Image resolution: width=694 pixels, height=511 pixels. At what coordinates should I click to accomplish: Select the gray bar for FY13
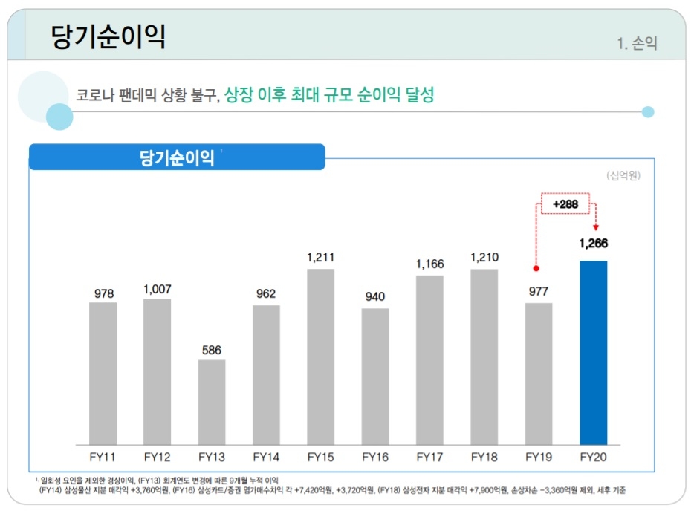click(212, 401)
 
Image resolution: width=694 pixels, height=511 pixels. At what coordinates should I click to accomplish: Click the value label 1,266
click(594, 244)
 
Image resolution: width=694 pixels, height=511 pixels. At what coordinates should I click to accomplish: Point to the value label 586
click(212, 349)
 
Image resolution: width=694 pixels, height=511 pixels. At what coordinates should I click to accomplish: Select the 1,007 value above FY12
click(158, 288)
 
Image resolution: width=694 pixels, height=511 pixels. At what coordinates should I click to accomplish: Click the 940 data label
click(375, 297)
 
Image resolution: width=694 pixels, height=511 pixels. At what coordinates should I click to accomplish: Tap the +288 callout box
click(565, 203)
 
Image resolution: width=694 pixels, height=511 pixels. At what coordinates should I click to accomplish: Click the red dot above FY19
click(536, 268)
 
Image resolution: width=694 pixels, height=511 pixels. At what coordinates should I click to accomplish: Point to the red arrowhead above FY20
click(595, 227)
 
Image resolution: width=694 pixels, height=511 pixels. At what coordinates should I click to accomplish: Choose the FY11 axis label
click(103, 457)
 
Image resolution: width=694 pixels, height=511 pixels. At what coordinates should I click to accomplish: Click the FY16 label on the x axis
click(375, 457)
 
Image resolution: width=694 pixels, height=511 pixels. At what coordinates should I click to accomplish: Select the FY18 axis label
click(484, 457)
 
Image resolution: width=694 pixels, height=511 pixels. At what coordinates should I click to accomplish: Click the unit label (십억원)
click(623, 176)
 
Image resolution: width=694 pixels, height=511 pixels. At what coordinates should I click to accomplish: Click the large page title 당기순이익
click(108, 36)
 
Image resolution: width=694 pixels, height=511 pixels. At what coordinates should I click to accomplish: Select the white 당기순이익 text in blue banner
click(177, 157)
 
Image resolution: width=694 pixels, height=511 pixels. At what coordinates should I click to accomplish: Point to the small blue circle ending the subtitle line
click(648, 112)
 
